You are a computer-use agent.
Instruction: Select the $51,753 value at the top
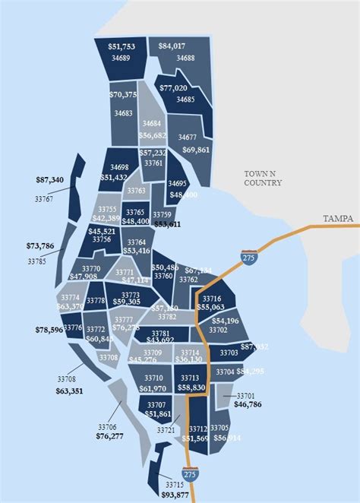122,47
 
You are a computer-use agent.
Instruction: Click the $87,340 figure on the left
49,180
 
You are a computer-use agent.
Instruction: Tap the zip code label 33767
44,199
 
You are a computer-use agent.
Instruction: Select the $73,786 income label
40,246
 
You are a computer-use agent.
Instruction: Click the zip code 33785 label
36,261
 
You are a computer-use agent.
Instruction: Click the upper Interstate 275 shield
248,257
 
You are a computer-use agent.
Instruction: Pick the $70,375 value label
123,95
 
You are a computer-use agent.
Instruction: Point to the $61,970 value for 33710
153,388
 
